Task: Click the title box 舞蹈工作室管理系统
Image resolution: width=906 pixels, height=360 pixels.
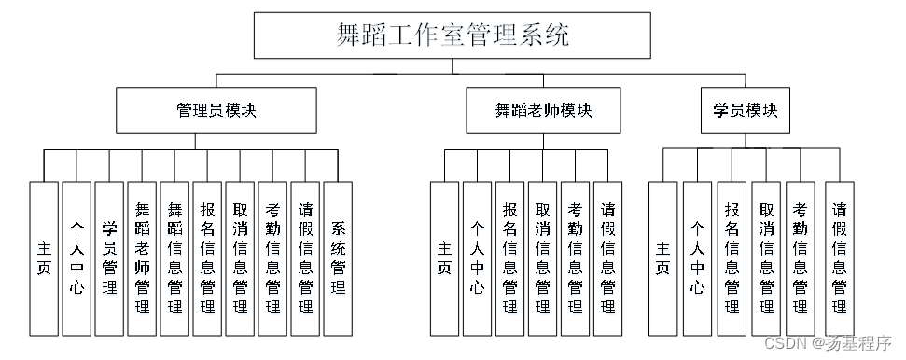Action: pos(453,35)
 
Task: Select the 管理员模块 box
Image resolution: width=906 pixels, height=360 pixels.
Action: pos(216,110)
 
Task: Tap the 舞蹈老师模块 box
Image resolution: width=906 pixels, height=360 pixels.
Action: pos(543,110)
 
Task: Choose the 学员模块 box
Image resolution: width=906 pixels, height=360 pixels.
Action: pos(745,110)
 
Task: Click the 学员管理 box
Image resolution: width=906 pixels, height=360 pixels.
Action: pos(109,258)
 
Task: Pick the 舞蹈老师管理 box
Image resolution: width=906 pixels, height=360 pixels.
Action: pos(142,258)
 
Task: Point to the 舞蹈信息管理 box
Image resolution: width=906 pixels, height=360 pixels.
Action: pos(174,258)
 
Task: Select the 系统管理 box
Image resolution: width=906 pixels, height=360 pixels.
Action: pos(338,258)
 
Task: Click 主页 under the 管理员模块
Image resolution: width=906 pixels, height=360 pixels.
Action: pos(44,258)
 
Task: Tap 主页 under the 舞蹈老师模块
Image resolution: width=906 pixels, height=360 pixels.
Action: pos(445,258)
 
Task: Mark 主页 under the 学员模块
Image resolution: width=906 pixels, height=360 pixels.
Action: pos(662,258)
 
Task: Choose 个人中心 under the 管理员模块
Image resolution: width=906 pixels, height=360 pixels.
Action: pos(77,258)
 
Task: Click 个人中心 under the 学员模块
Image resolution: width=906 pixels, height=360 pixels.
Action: pos(697,258)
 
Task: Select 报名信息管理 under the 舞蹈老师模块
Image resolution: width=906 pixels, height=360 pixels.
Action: pos(510,258)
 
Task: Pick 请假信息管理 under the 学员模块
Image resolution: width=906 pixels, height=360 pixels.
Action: pos(839,258)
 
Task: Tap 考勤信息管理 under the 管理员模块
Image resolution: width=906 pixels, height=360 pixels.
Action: pos(272,258)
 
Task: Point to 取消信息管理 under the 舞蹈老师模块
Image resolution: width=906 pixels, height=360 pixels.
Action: pos(542,258)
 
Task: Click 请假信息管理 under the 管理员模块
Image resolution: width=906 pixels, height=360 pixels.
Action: pos(305,258)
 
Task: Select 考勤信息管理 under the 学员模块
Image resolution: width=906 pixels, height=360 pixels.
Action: pos(800,258)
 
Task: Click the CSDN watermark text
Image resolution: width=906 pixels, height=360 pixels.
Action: pos(828,343)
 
